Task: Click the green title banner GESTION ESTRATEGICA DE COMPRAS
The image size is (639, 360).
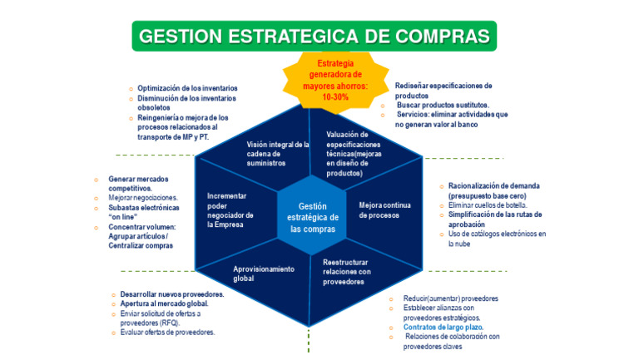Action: pos(314,37)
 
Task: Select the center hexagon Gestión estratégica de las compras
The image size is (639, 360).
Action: pos(312,218)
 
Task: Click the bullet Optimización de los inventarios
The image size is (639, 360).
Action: pos(187,88)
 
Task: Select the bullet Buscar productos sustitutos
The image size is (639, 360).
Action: pos(442,106)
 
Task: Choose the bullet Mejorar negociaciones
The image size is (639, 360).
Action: pos(142,198)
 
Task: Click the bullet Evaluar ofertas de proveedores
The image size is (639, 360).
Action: pos(166,333)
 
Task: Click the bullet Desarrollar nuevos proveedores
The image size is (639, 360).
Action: pos(171,294)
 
